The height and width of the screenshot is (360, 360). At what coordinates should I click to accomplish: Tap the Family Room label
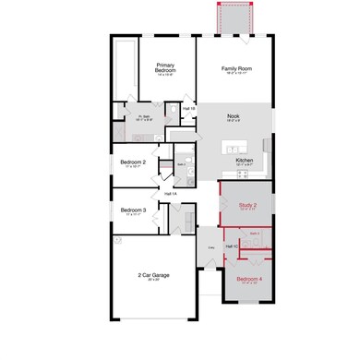pyautogui.click(x=235, y=68)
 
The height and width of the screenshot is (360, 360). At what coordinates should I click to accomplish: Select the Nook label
pyautogui.click(x=233, y=116)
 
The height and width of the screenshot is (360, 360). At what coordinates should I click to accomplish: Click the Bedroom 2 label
pyautogui.click(x=134, y=162)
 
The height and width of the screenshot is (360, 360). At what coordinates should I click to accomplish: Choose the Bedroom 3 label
pyautogui.click(x=133, y=210)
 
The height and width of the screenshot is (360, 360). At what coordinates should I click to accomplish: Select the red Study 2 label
pyautogui.click(x=247, y=204)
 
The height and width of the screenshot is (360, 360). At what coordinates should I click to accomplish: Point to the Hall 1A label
pyautogui.click(x=170, y=194)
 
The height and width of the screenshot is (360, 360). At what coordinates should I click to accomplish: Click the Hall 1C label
pyautogui.click(x=232, y=246)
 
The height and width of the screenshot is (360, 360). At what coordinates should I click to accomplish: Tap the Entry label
pyautogui.click(x=210, y=247)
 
